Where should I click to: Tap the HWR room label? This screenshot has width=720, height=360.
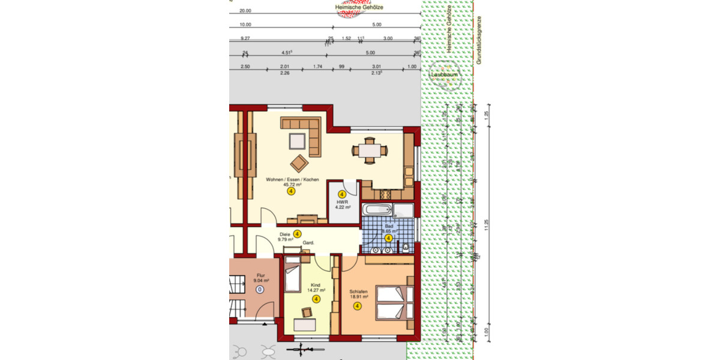[x=342, y=202]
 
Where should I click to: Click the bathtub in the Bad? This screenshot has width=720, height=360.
[x=378, y=211]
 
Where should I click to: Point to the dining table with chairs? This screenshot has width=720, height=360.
[x=370, y=151]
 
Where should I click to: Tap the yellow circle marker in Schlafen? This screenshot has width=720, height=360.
[x=358, y=306]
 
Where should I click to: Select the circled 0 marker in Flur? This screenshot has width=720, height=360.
[x=260, y=289]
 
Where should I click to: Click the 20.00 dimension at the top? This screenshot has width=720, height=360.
[x=245, y=11]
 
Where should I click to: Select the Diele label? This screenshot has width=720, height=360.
[x=284, y=234]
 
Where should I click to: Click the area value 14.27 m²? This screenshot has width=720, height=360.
[x=317, y=290]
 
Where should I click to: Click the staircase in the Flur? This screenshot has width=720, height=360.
[x=238, y=298]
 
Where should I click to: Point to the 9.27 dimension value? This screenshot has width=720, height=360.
[x=245, y=38]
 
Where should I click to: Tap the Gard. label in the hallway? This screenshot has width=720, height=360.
[x=308, y=242]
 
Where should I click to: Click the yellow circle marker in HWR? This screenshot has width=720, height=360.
[x=342, y=194]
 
